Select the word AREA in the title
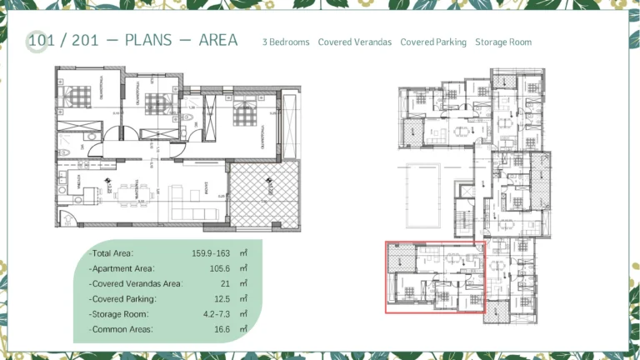[218, 40]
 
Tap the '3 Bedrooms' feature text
[286, 42]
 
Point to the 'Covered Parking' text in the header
[433, 42]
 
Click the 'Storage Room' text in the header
[503, 42]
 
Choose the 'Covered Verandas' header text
[354, 42]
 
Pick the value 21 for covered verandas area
[224, 283]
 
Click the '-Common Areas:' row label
[121, 329]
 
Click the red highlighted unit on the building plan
[433, 277]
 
